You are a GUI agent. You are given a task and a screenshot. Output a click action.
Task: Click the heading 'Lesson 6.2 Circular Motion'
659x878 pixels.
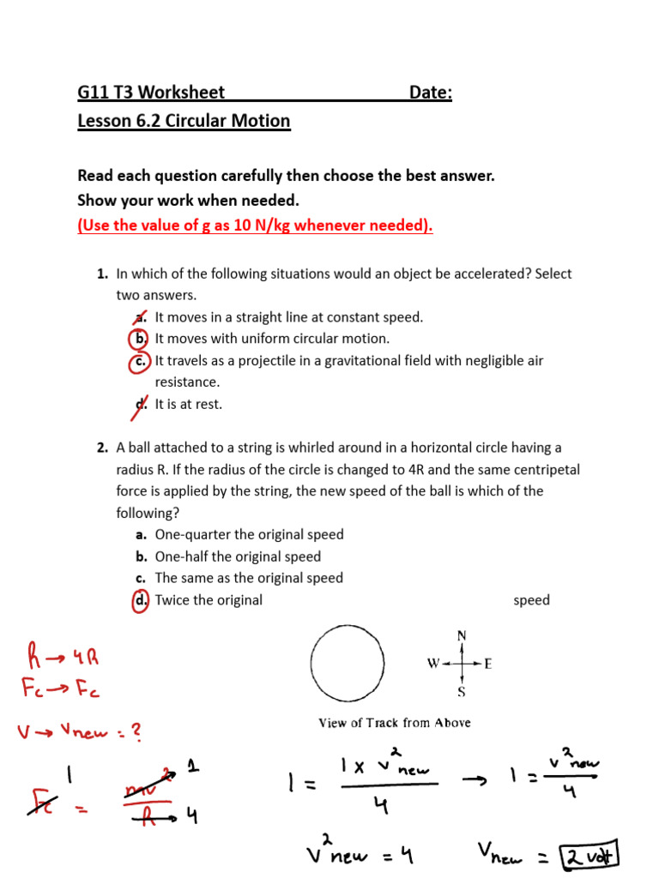pos(184,121)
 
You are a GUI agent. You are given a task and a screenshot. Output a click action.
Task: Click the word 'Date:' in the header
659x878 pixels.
pos(430,93)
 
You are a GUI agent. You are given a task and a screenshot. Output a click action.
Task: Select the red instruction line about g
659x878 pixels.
pos(255,226)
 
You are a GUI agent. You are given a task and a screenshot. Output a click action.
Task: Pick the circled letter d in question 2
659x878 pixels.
pos(141,600)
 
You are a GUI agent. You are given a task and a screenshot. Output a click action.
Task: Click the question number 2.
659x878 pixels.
pos(102,448)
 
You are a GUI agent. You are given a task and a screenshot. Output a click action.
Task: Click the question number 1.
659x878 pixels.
pos(102,274)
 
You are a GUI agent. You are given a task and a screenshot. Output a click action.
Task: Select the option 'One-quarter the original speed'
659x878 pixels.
pos(249,535)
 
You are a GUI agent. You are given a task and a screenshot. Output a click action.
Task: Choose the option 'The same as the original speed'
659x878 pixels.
pos(249,579)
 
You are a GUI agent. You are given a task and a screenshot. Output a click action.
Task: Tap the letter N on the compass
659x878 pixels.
pos(462,635)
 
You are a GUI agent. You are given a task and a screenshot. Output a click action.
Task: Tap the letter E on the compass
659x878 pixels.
pos(488,664)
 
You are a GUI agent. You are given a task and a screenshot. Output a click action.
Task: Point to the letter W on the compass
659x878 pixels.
pos(433,664)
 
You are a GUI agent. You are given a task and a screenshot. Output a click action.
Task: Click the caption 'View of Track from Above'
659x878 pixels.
pos(395,723)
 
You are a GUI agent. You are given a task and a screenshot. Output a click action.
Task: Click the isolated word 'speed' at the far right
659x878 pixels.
pos(531,600)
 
